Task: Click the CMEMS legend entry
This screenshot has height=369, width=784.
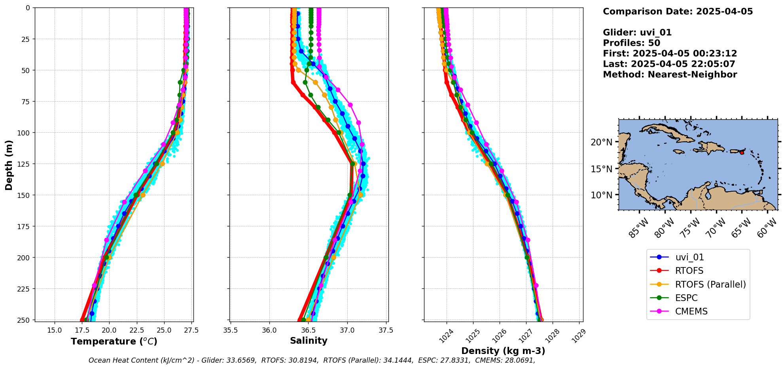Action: tap(691, 311)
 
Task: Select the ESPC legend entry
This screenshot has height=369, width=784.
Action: tap(686, 298)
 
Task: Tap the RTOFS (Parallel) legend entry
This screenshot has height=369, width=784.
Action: tap(710, 284)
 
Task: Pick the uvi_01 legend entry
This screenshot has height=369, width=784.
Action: tap(689, 257)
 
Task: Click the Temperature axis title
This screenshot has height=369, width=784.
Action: tap(114, 341)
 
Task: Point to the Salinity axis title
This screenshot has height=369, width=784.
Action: tap(309, 341)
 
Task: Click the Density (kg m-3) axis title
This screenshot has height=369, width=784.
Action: tap(503, 351)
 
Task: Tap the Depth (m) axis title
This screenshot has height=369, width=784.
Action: tap(9, 165)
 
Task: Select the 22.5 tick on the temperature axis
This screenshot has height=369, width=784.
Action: tap(136, 330)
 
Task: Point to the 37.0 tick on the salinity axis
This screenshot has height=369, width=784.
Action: tap(347, 330)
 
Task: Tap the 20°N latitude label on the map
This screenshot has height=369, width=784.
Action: tap(601, 142)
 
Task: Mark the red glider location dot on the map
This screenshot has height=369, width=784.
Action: tap(742, 153)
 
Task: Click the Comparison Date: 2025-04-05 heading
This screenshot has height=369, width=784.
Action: tap(678, 11)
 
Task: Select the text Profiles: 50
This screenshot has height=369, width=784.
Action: tap(631, 43)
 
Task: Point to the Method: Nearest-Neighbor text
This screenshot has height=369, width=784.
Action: tap(670, 75)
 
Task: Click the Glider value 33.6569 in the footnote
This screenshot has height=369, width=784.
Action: tap(241, 360)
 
